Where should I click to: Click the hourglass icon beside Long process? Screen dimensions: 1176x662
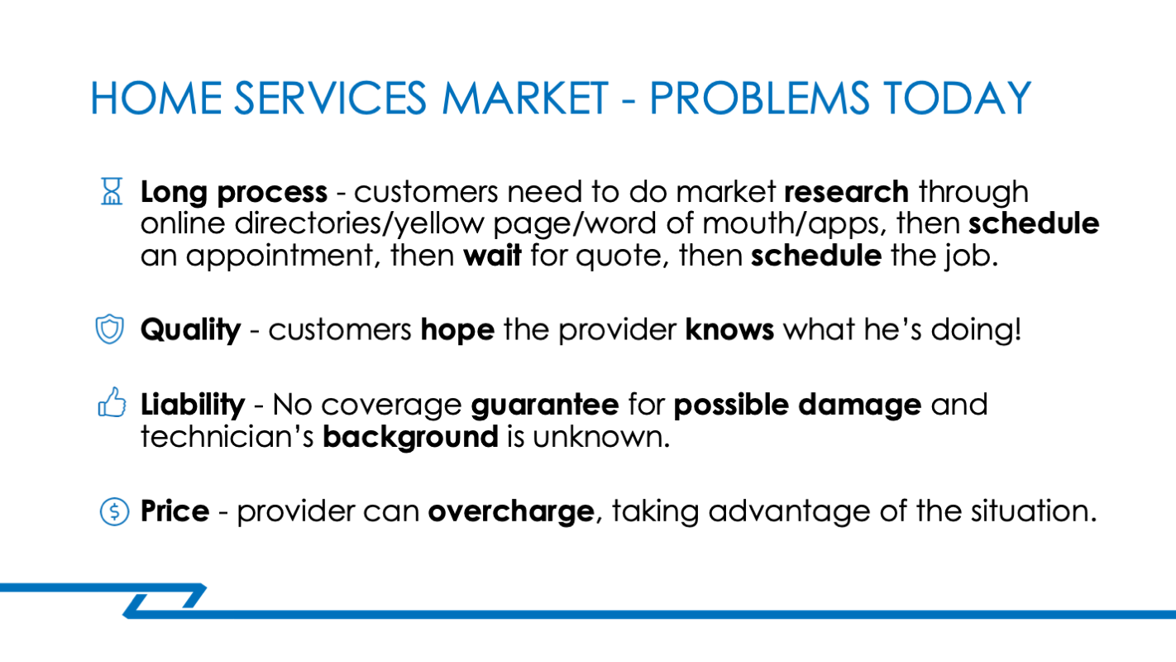(x=112, y=191)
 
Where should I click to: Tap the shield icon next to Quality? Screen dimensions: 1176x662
(x=109, y=329)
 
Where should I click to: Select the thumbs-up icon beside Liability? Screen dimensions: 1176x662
(x=112, y=402)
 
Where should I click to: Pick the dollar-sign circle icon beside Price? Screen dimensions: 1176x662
(x=114, y=511)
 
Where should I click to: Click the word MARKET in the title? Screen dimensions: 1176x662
(x=525, y=98)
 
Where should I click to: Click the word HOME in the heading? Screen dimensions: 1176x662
(x=156, y=98)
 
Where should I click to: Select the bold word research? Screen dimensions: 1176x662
(x=846, y=192)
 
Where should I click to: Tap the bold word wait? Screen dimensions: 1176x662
(x=492, y=256)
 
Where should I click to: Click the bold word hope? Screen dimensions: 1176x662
(x=458, y=330)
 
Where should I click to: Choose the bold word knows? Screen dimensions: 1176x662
(x=729, y=330)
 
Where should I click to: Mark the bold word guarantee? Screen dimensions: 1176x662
(x=545, y=405)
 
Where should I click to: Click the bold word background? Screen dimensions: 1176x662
(x=410, y=437)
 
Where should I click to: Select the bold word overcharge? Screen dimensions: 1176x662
(x=511, y=511)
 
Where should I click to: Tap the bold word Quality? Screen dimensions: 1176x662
(x=190, y=331)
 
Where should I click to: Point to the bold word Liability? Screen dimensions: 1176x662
(x=193, y=405)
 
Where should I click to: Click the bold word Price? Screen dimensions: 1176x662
(x=174, y=511)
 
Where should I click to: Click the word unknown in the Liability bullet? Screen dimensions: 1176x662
(x=601, y=437)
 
